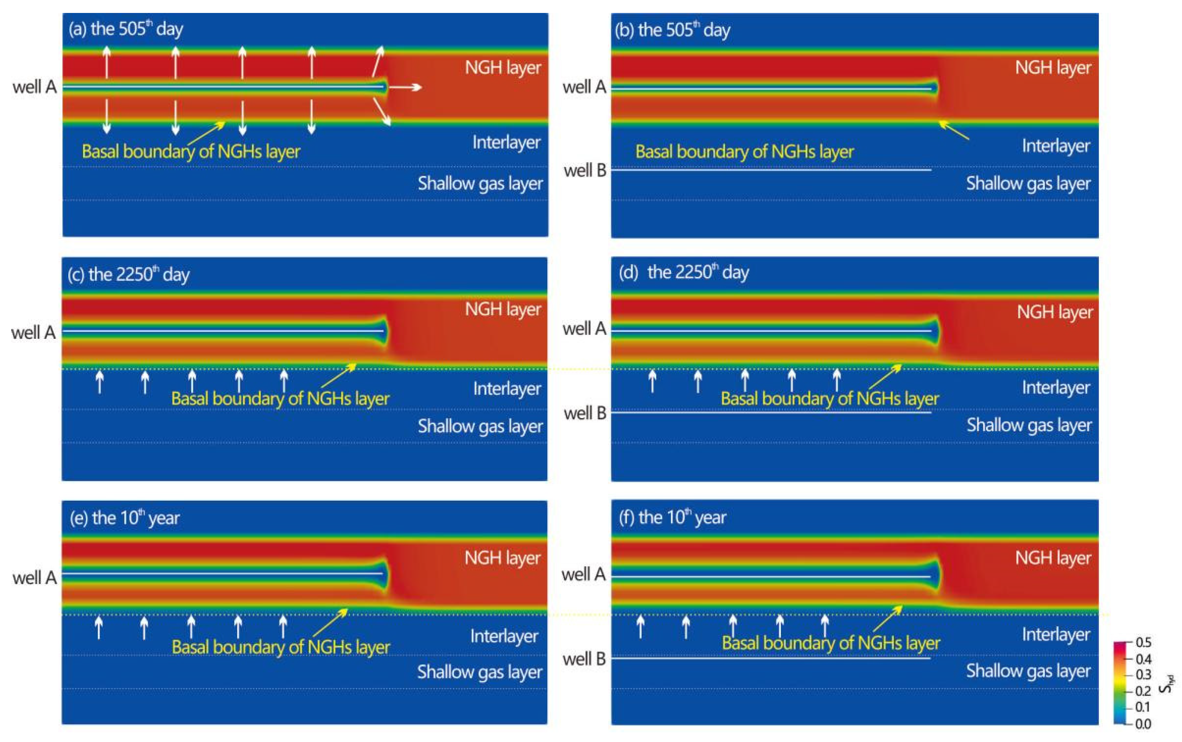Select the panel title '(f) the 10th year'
(672, 518)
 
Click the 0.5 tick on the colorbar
(1143, 642)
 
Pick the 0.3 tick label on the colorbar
(1143, 675)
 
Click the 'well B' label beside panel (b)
(585, 171)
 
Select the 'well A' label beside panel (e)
(34, 578)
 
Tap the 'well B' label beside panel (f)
(584, 659)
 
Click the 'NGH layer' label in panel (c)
(503, 310)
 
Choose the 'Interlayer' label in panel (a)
(506, 142)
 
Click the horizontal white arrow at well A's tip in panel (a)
(406, 87)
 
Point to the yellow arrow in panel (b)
(954, 131)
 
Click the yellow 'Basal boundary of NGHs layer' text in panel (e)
(281, 647)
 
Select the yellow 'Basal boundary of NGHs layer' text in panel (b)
(744, 152)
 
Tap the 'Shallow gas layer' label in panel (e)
(480, 672)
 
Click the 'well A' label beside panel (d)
(584, 329)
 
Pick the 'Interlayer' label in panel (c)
(507, 389)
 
